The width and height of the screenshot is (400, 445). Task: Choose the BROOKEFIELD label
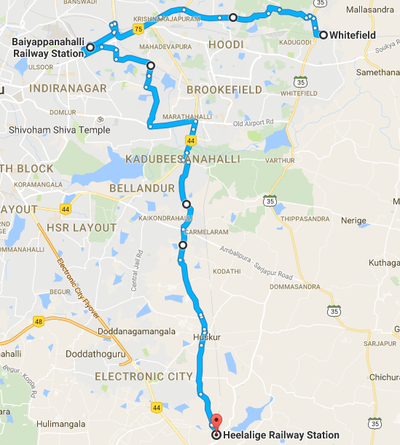224,89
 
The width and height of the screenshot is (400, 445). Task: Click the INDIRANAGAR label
69,88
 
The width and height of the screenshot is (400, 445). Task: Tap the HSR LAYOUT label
82,228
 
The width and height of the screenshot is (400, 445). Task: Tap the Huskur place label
206,337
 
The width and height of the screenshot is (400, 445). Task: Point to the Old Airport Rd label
253,123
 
